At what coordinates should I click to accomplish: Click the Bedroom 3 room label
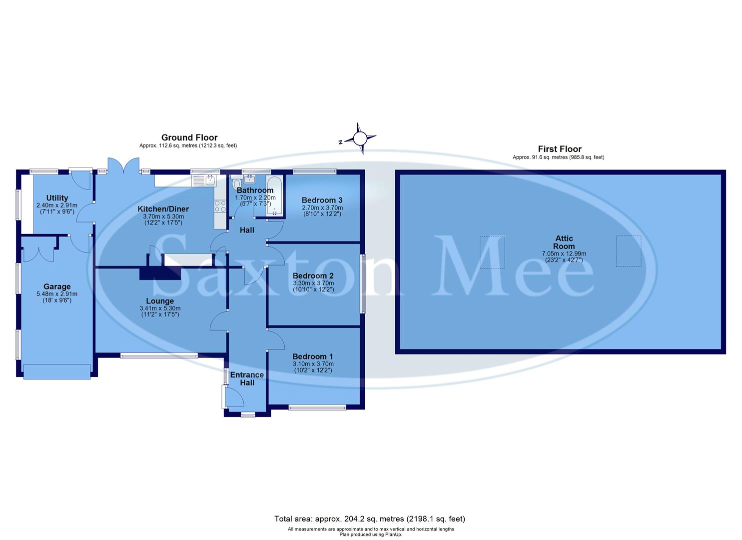pos(322,200)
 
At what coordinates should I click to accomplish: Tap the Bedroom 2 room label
pos(313,275)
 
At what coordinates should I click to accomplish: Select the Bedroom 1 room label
pos(313,356)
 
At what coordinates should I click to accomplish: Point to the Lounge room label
pos(160,301)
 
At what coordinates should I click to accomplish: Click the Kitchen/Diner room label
pos(163,209)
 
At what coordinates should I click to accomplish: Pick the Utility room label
pos(57,198)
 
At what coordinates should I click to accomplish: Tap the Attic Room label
pos(564,242)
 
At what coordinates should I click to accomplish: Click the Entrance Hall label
pos(247,378)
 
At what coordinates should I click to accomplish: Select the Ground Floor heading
pos(189,137)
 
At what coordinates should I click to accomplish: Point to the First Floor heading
pos(560,149)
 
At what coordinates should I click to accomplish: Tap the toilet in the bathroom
pos(237,184)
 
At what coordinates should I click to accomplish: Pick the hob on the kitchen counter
pos(220,206)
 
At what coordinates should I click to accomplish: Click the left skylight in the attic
pos(492,252)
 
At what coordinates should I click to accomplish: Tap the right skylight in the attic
pos(628,251)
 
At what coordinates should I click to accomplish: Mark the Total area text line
pos(370,518)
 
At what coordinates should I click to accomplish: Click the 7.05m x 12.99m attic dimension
pos(564,253)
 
